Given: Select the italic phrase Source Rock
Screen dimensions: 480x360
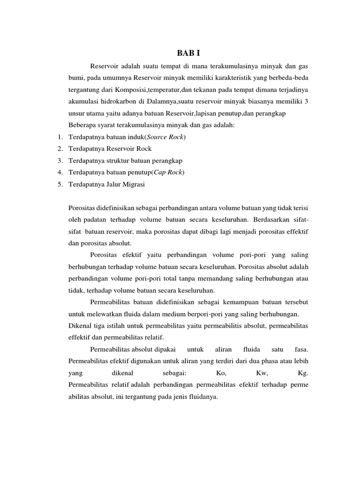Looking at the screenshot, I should (x=165, y=136).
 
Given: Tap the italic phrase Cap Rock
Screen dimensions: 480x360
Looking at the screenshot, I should (x=168, y=172).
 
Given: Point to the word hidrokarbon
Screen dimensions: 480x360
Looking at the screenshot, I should (x=113, y=101).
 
